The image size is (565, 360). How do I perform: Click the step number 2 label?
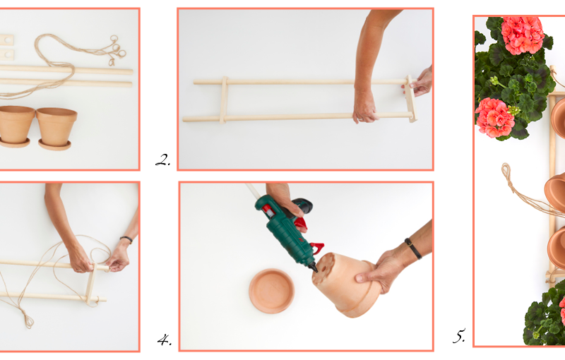click(163, 160)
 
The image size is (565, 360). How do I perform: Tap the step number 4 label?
click(165, 340)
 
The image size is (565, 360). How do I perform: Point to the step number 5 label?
click(459, 336)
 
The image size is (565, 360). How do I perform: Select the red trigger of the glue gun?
click(316, 248)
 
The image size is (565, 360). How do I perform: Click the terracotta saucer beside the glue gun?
click(271, 291)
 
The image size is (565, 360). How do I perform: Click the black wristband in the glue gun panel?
click(413, 248)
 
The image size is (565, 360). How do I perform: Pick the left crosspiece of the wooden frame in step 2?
click(223, 100)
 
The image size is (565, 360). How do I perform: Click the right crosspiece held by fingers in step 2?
click(412, 98)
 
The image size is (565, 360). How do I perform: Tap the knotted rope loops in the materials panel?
click(116, 50)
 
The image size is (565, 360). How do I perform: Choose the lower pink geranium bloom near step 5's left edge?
click(495, 117)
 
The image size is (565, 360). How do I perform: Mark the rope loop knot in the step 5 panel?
click(506, 172)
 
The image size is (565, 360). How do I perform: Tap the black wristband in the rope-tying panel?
click(126, 239)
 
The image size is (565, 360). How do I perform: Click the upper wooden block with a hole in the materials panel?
click(6, 40)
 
